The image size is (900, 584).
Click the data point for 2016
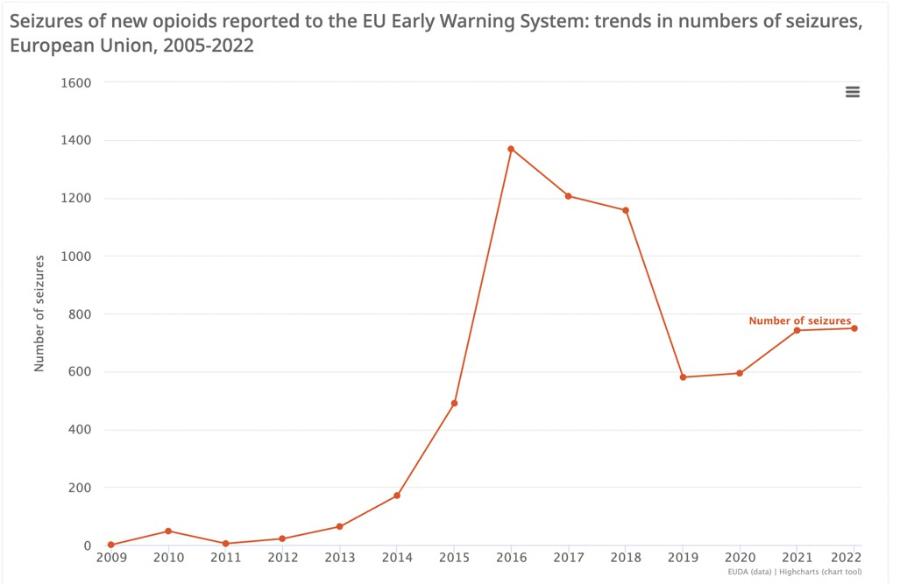click(511, 149)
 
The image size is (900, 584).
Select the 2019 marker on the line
click(683, 377)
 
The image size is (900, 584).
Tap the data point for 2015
click(454, 404)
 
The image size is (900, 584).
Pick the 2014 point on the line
click(397, 496)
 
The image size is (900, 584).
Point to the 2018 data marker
click(626, 210)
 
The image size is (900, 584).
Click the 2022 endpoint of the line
click(854, 328)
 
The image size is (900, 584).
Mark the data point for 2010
click(168, 531)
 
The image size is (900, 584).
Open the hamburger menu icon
click(853, 92)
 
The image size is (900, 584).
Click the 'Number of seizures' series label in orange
click(799, 321)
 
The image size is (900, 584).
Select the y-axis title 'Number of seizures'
click(39, 313)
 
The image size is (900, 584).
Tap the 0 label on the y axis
click(87, 546)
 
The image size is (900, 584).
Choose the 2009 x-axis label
click(111, 558)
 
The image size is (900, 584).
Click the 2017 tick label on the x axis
click(569, 558)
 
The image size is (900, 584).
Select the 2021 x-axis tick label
click(797, 558)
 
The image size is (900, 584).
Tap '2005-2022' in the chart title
click(212, 46)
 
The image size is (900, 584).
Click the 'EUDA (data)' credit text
click(748, 573)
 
